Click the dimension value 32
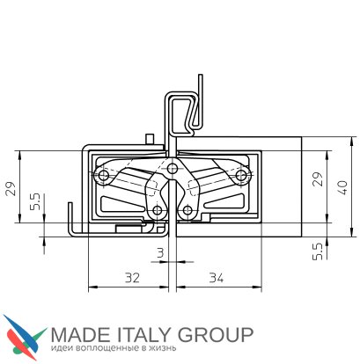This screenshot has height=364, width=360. tap(132, 278)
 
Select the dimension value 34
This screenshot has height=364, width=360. tap(217, 278)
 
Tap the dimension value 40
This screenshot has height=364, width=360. tap(342, 188)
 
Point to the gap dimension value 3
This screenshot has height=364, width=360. tap(160, 252)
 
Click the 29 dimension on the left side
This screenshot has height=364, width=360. tap(11, 189)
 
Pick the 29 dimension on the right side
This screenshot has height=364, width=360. tap(318, 179)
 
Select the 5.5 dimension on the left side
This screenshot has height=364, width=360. tap(35, 202)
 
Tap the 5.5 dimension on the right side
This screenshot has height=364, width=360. tap(318, 251)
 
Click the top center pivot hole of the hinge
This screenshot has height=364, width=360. tap(173, 169)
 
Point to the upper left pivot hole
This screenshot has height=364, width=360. tap(103, 176)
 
